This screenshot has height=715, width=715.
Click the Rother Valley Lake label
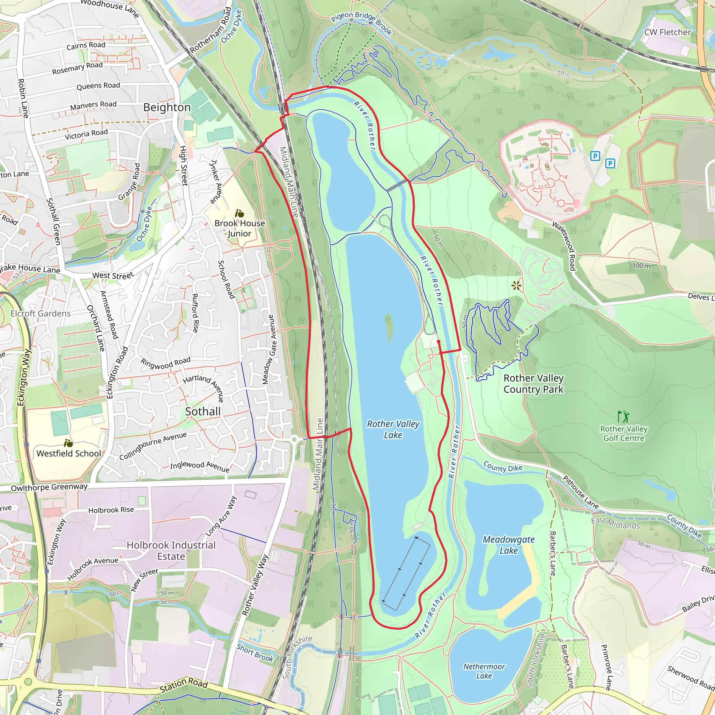click(x=393, y=429)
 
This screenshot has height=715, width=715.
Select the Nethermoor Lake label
click(x=484, y=671)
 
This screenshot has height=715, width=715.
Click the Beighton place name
click(x=167, y=107)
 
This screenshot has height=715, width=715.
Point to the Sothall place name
click(x=203, y=412)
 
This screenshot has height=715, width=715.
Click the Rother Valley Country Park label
click(x=533, y=384)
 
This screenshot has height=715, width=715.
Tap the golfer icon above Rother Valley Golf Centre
click(x=623, y=417)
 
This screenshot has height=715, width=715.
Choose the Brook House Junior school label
click(x=239, y=228)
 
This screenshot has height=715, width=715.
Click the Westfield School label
click(x=68, y=454)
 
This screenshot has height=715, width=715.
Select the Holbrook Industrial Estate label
click(x=171, y=551)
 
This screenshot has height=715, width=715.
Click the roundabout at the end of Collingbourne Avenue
click(x=294, y=440)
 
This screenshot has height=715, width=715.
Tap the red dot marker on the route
click(x=438, y=341)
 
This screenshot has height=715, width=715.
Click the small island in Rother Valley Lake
click(x=389, y=328)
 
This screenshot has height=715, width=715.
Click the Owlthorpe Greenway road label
click(x=49, y=487)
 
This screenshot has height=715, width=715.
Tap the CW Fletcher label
click(x=667, y=32)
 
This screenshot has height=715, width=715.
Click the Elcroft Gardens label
click(x=40, y=314)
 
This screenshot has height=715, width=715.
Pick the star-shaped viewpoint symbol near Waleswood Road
click(x=516, y=285)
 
